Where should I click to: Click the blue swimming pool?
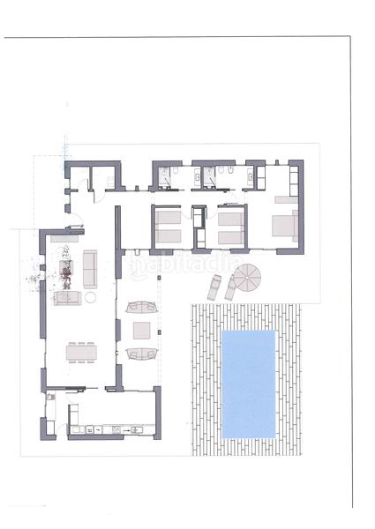pyautogui.click(x=249, y=384)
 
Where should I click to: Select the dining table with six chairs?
pyautogui.click(x=80, y=353)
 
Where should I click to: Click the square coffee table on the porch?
pyautogui.click(x=141, y=331)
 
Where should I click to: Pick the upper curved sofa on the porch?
pyautogui.click(x=141, y=307)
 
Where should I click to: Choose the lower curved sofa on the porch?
pyautogui.click(x=141, y=354)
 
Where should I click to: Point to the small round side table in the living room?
pyautogui.click(x=90, y=298)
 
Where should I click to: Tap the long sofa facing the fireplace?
pyautogui.click(x=89, y=262)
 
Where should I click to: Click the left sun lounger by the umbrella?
pyautogui.click(x=214, y=286)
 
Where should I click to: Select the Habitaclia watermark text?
pyautogui.click(x=169, y=264)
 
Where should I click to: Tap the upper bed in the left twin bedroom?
pyautogui.click(x=168, y=219)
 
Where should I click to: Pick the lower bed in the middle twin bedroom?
pyautogui.click(x=230, y=235)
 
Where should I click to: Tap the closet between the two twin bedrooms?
pyautogui.click(x=199, y=227)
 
